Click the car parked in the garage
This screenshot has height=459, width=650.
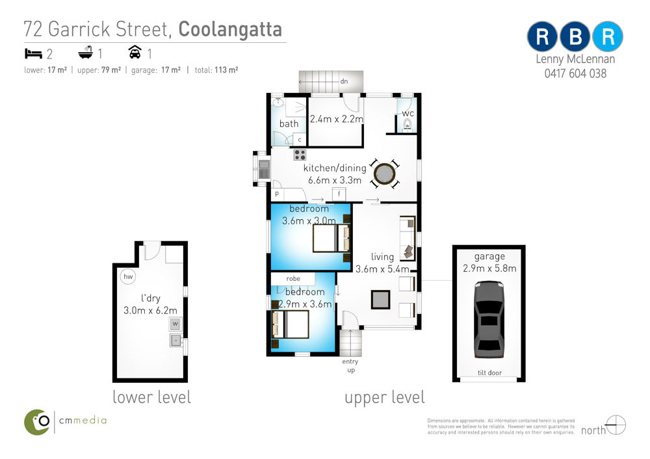tap(489, 319)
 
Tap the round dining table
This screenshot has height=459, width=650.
tap(384, 174)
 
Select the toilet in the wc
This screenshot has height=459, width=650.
tap(408, 124)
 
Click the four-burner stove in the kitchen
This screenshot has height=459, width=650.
tap(300, 155)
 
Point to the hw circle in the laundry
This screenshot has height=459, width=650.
tap(128, 276)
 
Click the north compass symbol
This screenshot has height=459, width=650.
tap(616, 425)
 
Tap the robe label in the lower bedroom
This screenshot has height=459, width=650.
tap(293, 279)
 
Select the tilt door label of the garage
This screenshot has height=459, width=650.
tap(489, 373)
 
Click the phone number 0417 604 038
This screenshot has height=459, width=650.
tap(575, 74)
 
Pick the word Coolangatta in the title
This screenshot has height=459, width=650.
tap(230, 29)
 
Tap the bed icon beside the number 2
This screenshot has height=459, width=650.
tap(33, 53)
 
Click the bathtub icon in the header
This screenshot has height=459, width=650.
tap(86, 53)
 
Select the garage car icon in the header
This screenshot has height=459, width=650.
tap(135, 52)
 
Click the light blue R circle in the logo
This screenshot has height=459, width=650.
tap(608, 36)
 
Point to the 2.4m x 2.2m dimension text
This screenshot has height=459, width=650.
tap(337, 119)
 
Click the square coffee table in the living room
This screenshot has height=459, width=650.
tap(380, 300)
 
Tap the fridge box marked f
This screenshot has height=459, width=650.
tap(339, 194)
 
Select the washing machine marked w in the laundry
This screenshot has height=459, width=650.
tap(175, 324)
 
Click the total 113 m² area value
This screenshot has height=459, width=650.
tap(226, 70)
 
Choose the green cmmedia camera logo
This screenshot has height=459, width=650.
tap(37, 422)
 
